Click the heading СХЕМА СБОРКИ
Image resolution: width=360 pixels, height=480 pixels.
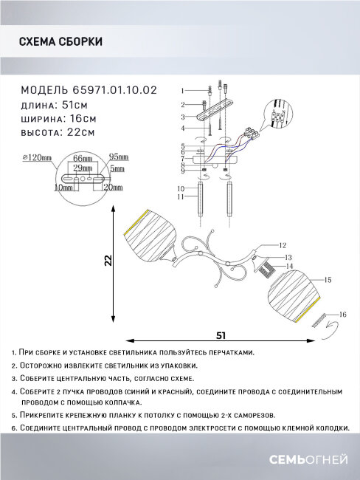(60, 43)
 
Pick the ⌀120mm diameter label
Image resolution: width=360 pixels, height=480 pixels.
(38, 158)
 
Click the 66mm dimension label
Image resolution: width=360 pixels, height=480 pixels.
(83, 159)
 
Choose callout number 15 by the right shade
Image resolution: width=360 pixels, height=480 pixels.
(328, 280)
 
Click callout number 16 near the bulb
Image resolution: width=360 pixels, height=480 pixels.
(342, 315)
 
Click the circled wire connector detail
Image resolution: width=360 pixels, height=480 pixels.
(277, 119)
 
